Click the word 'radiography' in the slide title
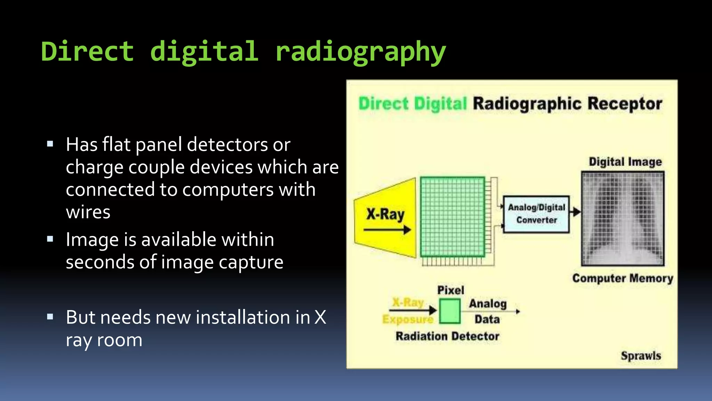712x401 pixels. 360,52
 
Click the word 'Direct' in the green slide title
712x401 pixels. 87,52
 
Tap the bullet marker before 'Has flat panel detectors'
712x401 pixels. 50,144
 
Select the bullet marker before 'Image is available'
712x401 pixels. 50,239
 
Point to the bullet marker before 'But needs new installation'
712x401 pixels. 50,317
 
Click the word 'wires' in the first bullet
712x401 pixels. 88,212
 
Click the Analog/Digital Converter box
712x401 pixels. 536,214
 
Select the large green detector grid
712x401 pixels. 452,217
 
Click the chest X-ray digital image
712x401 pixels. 623,219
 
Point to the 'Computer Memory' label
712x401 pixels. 622,278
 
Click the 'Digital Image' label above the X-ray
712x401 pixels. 625,162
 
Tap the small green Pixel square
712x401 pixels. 450,311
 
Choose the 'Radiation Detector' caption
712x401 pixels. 447,336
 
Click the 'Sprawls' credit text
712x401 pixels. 641,356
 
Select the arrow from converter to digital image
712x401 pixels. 576,212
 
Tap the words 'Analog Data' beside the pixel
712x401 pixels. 487,311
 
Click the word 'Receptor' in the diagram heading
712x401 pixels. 624,104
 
